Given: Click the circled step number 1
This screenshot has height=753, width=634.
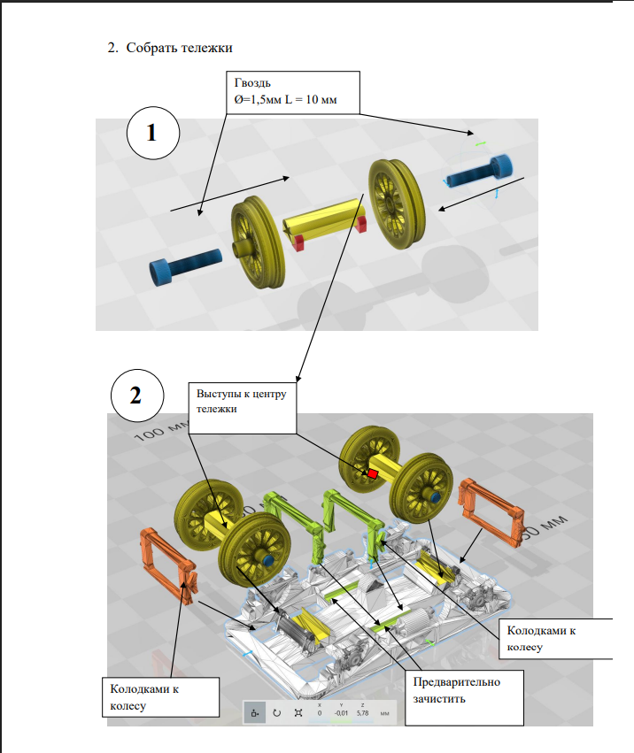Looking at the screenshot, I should (151, 133).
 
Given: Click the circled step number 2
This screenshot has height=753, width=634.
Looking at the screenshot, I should (135, 395).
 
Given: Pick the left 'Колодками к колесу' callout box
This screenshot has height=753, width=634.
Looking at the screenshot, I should (159, 697).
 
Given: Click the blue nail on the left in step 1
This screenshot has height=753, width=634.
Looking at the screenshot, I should (187, 262).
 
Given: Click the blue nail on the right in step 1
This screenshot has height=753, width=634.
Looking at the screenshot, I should (482, 171).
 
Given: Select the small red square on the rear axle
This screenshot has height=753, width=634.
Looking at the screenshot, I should (373, 473).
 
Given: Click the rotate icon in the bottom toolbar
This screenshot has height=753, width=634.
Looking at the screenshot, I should (276, 712).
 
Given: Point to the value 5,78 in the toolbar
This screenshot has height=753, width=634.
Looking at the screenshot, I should (362, 712).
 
